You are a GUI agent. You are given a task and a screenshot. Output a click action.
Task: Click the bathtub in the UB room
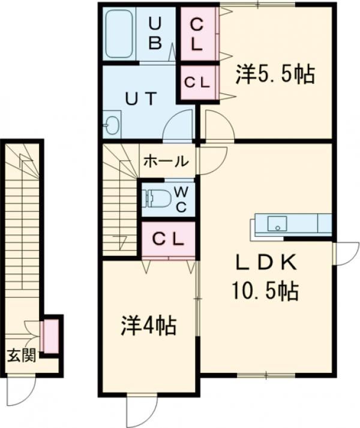point(119,34)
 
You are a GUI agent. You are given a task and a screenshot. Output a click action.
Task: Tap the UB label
point(155,33)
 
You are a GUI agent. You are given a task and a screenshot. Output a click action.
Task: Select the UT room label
point(141,98)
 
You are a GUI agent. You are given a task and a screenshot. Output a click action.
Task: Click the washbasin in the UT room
point(112,125)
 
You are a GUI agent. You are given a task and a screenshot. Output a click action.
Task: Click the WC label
point(181,200)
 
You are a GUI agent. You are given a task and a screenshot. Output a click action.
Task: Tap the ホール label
point(166,161)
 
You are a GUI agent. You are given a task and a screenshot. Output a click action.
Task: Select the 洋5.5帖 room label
point(275,74)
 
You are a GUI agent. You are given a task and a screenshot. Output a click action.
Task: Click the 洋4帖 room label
point(148,325)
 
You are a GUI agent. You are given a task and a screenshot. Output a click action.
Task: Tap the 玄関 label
point(22,355)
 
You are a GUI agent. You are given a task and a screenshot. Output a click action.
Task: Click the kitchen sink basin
point(277,224)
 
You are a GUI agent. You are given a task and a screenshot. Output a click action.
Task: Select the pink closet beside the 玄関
point(51,336)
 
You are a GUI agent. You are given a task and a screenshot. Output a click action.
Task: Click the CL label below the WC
point(168,239)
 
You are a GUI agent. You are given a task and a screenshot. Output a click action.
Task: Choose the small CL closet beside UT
point(198,82)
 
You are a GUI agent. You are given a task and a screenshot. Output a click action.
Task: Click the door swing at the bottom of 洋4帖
point(142,409)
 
